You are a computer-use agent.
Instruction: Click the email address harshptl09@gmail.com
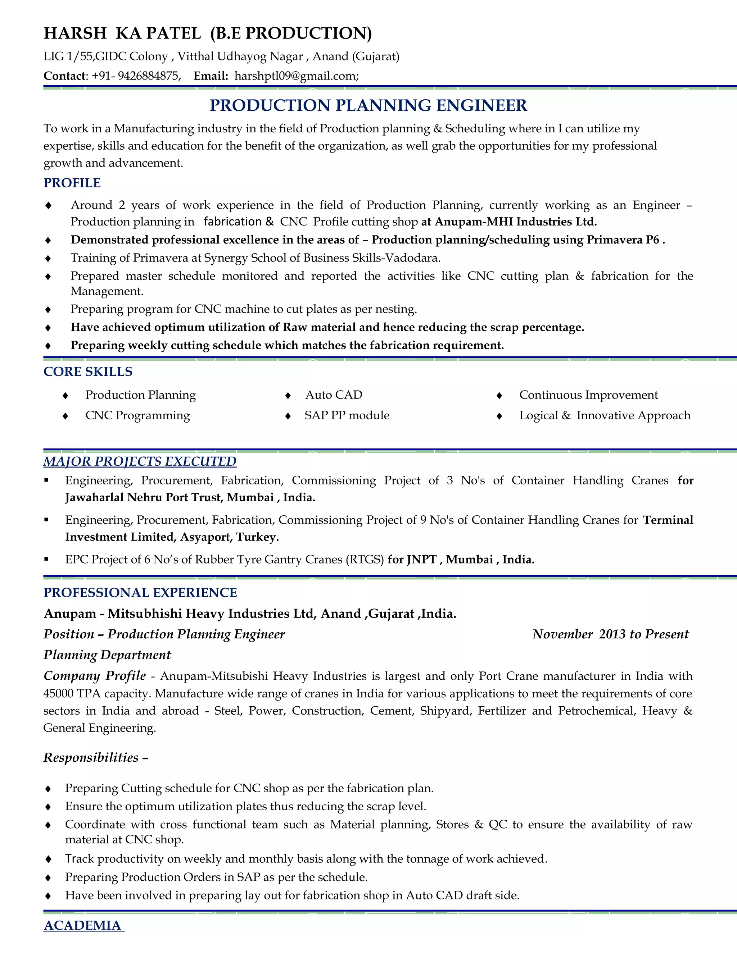pyautogui.click(x=296, y=76)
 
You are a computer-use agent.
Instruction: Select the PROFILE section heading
pyautogui.click(x=72, y=183)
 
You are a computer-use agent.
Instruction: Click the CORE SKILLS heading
pyautogui.click(x=88, y=371)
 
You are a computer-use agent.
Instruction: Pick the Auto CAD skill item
pyautogui.click(x=334, y=395)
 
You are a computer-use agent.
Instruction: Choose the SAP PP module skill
pyautogui.click(x=347, y=415)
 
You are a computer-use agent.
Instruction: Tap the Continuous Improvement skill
pyautogui.click(x=588, y=395)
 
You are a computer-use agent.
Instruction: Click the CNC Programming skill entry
pyautogui.click(x=137, y=415)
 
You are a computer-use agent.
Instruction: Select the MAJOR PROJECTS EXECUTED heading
pyautogui.click(x=140, y=461)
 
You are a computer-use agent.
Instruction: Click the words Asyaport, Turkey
pyautogui.click(x=229, y=537)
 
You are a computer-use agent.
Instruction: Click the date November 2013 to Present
pyautogui.click(x=610, y=634)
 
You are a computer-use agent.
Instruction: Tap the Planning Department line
pyautogui.click(x=107, y=655)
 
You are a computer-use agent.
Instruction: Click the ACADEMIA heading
pyautogui.click(x=83, y=926)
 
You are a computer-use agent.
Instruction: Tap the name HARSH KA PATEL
pyautogui.click(x=122, y=33)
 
